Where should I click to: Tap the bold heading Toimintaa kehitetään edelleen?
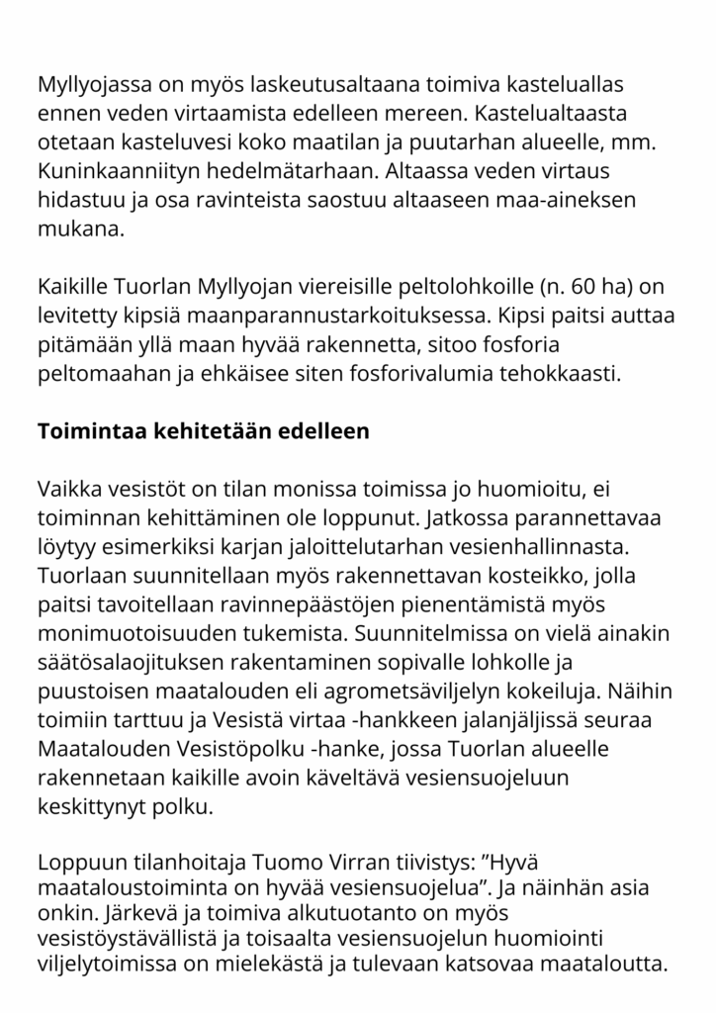[203, 432]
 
